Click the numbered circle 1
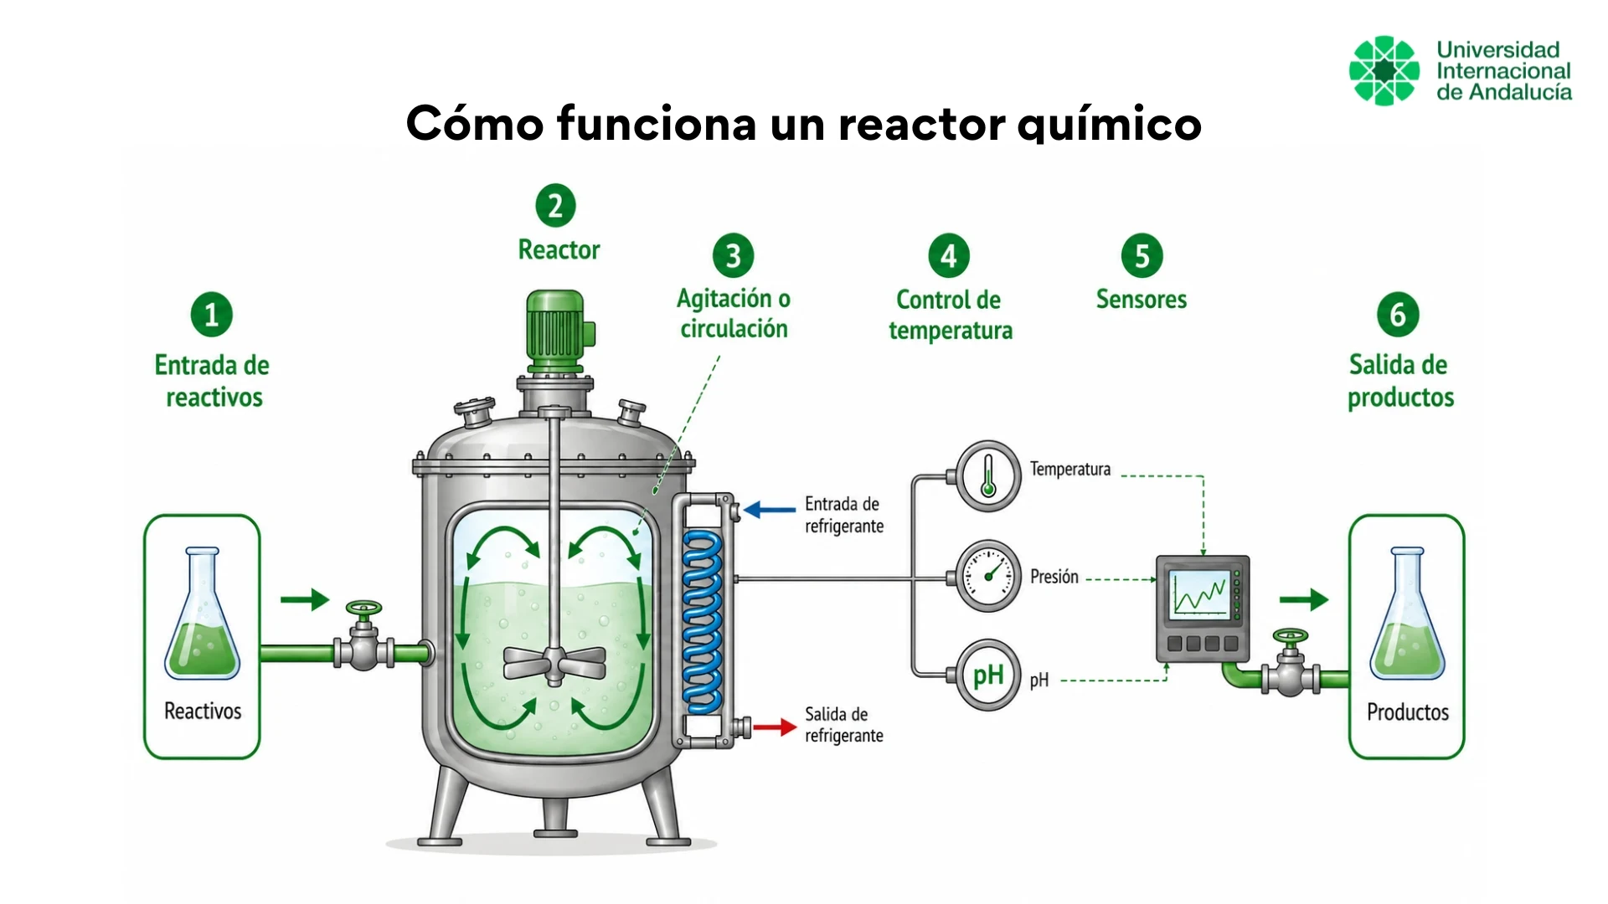tap(212, 315)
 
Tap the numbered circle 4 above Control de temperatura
tap(949, 255)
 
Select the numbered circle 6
tap(1398, 315)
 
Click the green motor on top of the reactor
tap(558, 331)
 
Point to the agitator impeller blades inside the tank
tap(554, 664)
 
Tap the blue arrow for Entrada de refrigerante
tap(770, 509)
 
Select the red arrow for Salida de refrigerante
tap(775, 727)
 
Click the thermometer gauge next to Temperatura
tap(988, 475)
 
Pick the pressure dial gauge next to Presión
tap(988, 576)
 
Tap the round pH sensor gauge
tap(988, 675)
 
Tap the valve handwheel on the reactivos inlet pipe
tap(363, 608)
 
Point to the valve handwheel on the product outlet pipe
tap(1290, 636)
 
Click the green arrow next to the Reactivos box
tap(305, 599)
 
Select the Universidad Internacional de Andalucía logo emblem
tap(1384, 70)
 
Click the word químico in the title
tap(1110, 124)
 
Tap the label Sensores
tap(1142, 299)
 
